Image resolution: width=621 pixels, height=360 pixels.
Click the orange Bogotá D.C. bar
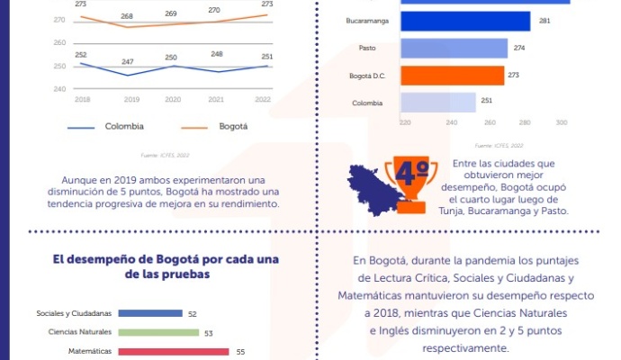point(452,76)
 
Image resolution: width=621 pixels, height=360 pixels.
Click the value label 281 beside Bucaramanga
point(544,21)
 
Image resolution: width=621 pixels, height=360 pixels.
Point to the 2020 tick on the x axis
point(171,99)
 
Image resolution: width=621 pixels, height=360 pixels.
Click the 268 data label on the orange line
point(127,17)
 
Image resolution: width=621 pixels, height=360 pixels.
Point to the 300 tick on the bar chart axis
point(561,123)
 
